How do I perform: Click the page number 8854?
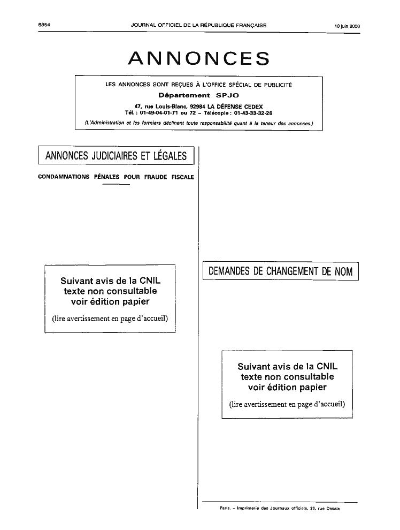[x=44, y=25]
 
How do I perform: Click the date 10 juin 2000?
[x=348, y=26]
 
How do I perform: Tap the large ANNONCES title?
[x=199, y=58]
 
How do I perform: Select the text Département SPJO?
[x=199, y=95]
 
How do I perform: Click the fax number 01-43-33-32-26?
[x=253, y=113]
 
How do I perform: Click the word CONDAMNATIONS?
[x=64, y=177]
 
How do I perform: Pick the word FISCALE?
[x=182, y=177]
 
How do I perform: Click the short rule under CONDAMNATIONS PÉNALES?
[x=116, y=184]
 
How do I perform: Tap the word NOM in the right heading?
[x=344, y=271]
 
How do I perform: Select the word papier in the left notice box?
[x=136, y=302]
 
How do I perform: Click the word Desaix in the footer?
[x=333, y=509]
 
